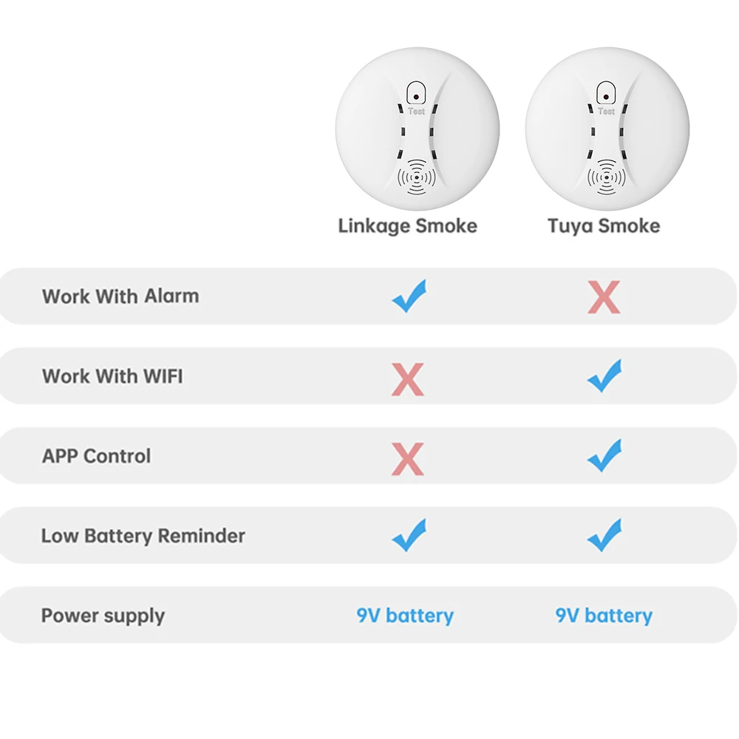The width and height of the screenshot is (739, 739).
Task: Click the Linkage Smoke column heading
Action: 407,225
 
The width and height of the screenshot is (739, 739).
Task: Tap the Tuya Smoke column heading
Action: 604,225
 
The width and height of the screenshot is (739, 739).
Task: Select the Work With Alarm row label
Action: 120,296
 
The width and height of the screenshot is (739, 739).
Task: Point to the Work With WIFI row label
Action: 112,376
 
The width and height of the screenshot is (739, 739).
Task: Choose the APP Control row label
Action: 96,456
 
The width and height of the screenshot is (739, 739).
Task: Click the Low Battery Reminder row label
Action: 143,536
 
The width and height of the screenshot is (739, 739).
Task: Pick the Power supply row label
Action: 103,616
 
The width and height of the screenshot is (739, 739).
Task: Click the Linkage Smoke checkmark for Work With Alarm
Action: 409,296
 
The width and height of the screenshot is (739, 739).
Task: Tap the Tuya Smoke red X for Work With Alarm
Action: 604,298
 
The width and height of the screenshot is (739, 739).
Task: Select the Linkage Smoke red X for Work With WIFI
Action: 408,380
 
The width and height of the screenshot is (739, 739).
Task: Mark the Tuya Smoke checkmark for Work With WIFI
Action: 605,376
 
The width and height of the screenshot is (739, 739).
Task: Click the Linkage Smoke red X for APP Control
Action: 408,460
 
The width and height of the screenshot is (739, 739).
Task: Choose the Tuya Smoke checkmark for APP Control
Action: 605,456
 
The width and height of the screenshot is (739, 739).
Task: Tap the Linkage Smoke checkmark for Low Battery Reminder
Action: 409,536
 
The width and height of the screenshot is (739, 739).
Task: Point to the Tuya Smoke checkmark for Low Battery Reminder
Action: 605,536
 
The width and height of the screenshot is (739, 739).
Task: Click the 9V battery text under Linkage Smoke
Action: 405,616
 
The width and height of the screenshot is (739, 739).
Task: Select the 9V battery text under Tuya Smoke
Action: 604,616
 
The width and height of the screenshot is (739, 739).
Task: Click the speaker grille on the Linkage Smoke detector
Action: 417,177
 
